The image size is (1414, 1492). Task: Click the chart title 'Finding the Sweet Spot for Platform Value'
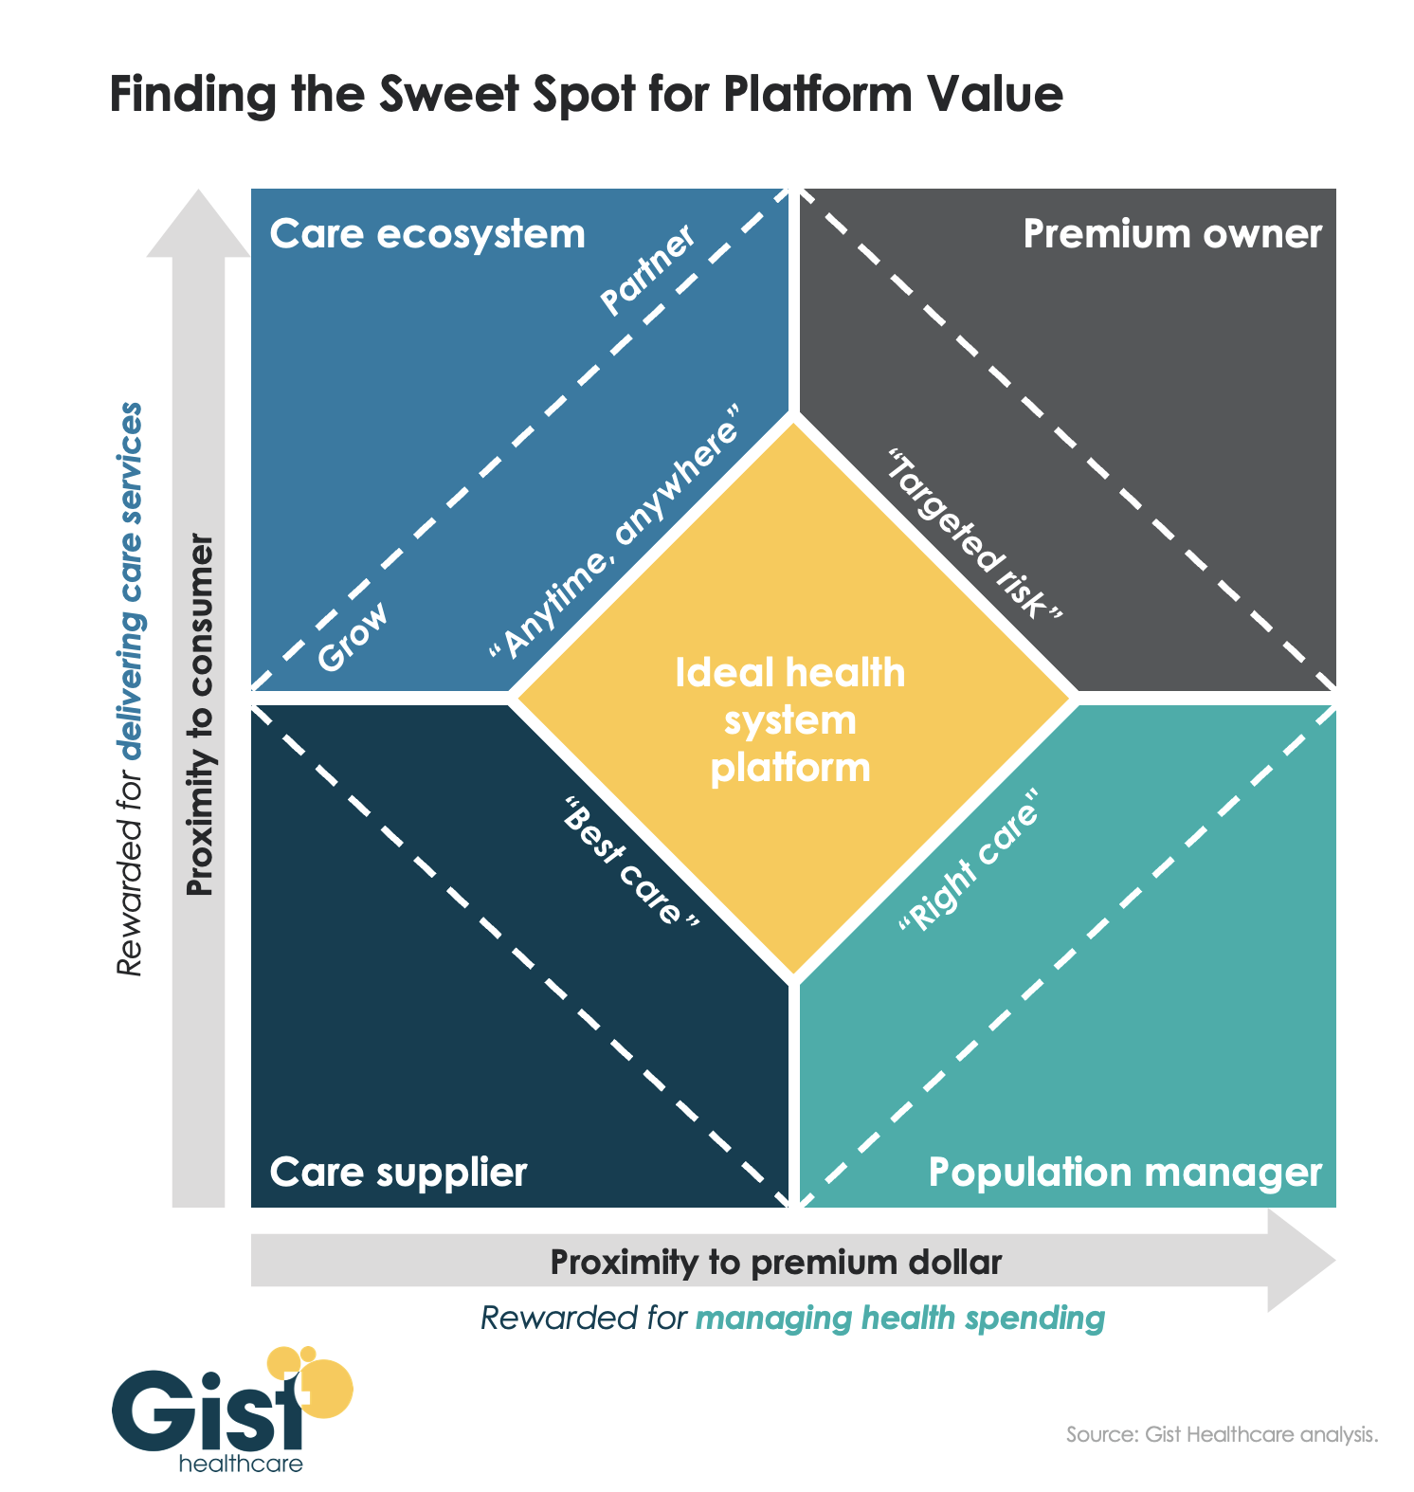click(586, 96)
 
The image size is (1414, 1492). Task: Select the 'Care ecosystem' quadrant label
click(427, 234)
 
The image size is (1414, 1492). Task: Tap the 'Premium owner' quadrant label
click(1171, 234)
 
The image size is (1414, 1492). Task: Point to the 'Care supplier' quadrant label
click(398, 1173)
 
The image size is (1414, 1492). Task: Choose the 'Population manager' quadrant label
click(1124, 1173)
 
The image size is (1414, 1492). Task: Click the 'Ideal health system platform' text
click(790, 720)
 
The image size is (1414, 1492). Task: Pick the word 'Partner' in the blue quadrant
click(648, 270)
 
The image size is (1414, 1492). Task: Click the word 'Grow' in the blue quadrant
click(353, 638)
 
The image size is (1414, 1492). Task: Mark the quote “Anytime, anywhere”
click(613, 533)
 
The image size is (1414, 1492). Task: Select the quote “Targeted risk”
click(973, 536)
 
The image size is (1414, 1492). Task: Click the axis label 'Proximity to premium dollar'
click(775, 1263)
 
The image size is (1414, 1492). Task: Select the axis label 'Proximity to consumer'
click(200, 716)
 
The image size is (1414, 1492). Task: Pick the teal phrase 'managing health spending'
click(899, 1319)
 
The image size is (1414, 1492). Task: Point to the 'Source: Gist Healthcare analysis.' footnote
click(1221, 1434)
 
